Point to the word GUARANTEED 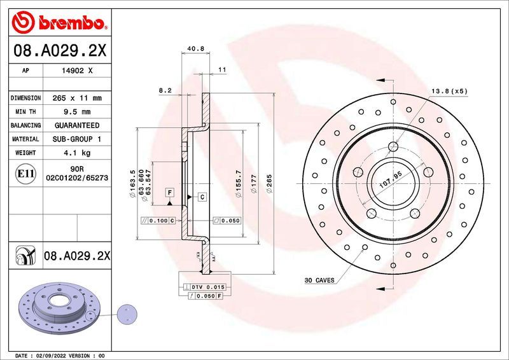(76, 125)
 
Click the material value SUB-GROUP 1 (76, 139)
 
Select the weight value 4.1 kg (76, 153)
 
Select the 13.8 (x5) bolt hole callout (450, 91)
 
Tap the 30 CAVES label (320, 280)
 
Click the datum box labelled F (170, 192)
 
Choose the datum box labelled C (202, 197)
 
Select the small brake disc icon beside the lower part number (26, 256)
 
